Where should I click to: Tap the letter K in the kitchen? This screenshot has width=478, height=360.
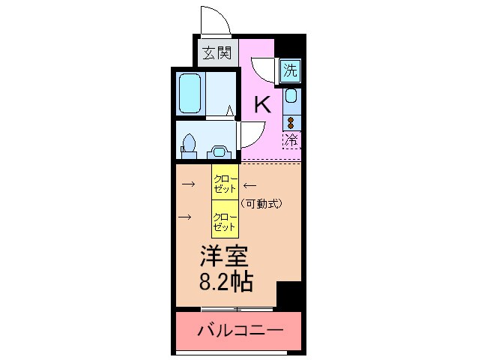(261, 104)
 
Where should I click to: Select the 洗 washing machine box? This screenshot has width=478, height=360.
(291, 71)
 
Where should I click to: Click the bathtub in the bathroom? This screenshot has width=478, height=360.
(192, 93)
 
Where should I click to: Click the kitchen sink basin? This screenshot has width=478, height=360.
(291, 96)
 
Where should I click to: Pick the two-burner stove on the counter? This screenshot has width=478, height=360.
(291, 120)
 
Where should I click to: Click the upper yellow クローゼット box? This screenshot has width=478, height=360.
(225, 183)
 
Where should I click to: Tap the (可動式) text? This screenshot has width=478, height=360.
(261, 202)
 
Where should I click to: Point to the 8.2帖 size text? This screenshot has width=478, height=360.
(226, 283)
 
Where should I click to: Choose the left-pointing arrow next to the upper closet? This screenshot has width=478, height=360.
(249, 184)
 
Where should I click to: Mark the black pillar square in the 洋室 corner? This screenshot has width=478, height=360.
(288, 295)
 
